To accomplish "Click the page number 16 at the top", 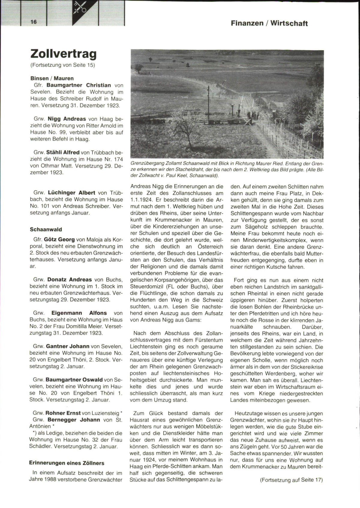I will (x=33, y=22).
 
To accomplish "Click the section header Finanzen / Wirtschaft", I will (x=269, y=23).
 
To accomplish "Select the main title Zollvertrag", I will (x=64, y=54).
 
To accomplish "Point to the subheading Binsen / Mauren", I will (x=52, y=78).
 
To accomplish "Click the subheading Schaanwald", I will (x=46, y=229).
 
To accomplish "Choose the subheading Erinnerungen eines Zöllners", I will (x=67, y=463).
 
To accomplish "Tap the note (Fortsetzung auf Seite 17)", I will (x=291, y=479).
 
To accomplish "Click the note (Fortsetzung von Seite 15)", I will (x=63, y=65).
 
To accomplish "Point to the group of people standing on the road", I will (x=253, y=115).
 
